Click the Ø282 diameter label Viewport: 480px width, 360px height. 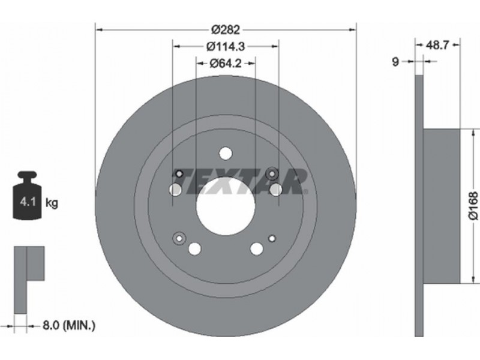226,29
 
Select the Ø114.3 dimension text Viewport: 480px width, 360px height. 226,47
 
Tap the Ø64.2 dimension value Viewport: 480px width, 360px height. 226,64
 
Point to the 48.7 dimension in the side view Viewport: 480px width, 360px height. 437,46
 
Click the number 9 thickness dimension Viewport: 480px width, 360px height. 395,62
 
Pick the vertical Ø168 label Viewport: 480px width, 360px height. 473,205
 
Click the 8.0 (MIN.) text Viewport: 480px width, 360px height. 69,325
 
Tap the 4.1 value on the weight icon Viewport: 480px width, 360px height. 28,202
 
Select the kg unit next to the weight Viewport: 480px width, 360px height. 52,202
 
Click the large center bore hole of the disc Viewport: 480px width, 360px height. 226,206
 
